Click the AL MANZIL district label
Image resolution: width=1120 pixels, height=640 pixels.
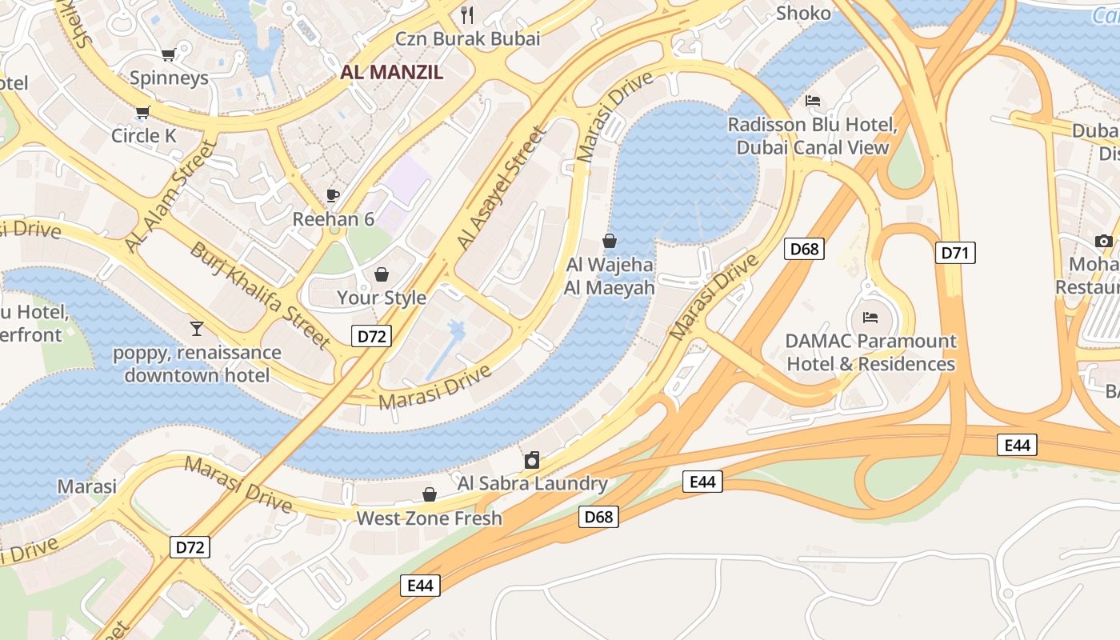pyautogui.click(x=391, y=72)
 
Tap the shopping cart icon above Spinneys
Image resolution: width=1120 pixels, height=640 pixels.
pyautogui.click(x=168, y=54)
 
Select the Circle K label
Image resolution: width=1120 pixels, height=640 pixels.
pyautogui.click(x=144, y=136)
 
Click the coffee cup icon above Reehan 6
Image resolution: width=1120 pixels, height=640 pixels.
pyautogui.click(x=333, y=195)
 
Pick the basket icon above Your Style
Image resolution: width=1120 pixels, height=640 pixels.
pyautogui.click(x=382, y=274)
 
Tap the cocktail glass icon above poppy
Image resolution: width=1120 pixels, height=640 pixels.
pyautogui.click(x=197, y=328)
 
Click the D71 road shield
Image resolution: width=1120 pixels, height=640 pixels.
pyautogui.click(x=955, y=254)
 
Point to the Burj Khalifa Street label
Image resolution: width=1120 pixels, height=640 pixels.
pyautogui.click(x=259, y=295)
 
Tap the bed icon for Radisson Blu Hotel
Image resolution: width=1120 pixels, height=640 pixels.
pyautogui.click(x=812, y=101)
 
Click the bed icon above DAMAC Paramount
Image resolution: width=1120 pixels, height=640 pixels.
pyautogui.click(x=870, y=317)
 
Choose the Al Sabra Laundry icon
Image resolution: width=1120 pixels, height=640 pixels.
pyautogui.click(x=532, y=460)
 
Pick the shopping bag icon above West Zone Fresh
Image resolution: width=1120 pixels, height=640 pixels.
pyautogui.click(x=430, y=494)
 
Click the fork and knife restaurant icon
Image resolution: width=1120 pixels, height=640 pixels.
pyautogui.click(x=468, y=14)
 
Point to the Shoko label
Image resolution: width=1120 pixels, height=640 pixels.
pyautogui.click(x=803, y=14)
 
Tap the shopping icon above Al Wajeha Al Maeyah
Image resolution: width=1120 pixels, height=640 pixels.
pyautogui.click(x=610, y=241)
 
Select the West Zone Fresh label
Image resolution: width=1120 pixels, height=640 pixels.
pyautogui.click(x=430, y=518)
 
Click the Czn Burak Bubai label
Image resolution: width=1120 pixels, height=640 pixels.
pyautogui.click(x=468, y=38)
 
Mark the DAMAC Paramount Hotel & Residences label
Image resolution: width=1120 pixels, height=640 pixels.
pyautogui.click(x=870, y=353)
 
